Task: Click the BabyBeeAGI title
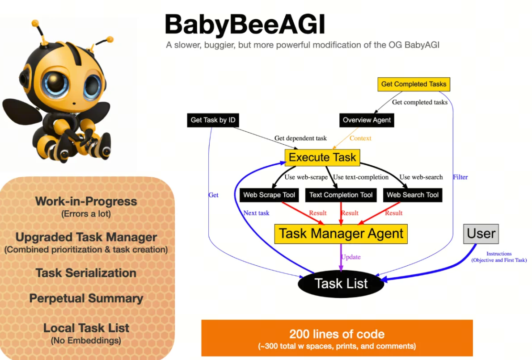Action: coord(245,25)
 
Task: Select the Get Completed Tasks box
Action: coord(414,84)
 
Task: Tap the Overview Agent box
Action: coord(367,120)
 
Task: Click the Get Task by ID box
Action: coord(213,120)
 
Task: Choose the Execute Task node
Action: coord(322,157)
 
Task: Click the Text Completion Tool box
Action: coord(341,195)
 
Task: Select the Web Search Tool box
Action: coord(413,195)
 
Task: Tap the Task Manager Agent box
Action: coord(341,234)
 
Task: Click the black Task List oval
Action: coord(341,284)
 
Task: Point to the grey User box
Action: coord(481,234)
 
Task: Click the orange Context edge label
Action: coord(360,138)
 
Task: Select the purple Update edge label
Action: coord(351,257)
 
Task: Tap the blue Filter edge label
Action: coord(460,177)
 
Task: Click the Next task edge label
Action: coord(256,213)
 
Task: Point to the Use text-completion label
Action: coord(361,177)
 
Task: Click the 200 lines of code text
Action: coord(337,334)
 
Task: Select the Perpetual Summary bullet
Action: coord(86,298)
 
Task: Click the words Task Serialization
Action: coord(86,273)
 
